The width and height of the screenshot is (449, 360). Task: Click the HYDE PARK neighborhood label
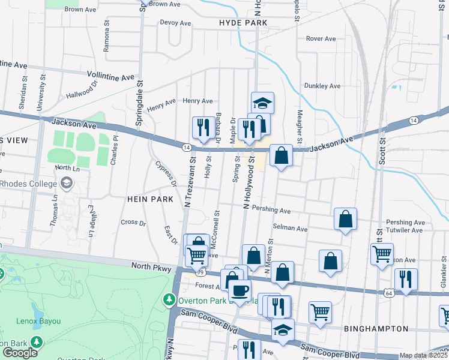click(243, 22)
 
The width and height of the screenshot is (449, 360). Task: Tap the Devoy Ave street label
click(175, 23)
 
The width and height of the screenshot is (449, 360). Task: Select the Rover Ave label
click(321, 38)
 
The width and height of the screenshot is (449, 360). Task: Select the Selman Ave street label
click(290, 229)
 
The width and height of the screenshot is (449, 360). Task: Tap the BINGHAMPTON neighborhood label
click(376, 329)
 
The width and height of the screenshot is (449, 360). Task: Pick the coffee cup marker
click(240, 290)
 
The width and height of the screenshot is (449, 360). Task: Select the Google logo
click(20, 353)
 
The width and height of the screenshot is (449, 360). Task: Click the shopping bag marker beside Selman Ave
click(346, 219)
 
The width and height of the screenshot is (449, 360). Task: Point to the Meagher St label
click(297, 122)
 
